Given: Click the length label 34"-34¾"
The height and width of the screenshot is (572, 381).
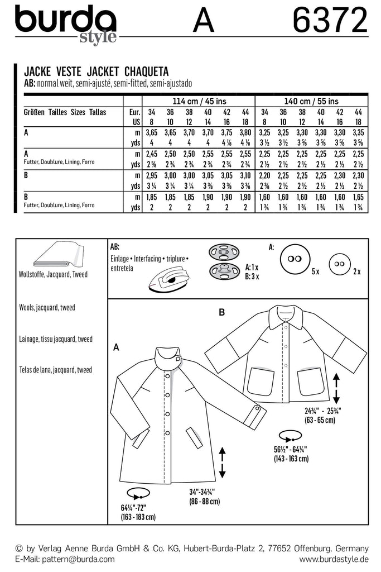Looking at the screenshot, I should tap(202, 493).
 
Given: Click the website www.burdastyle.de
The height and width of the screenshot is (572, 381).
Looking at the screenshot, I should tap(327, 559).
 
